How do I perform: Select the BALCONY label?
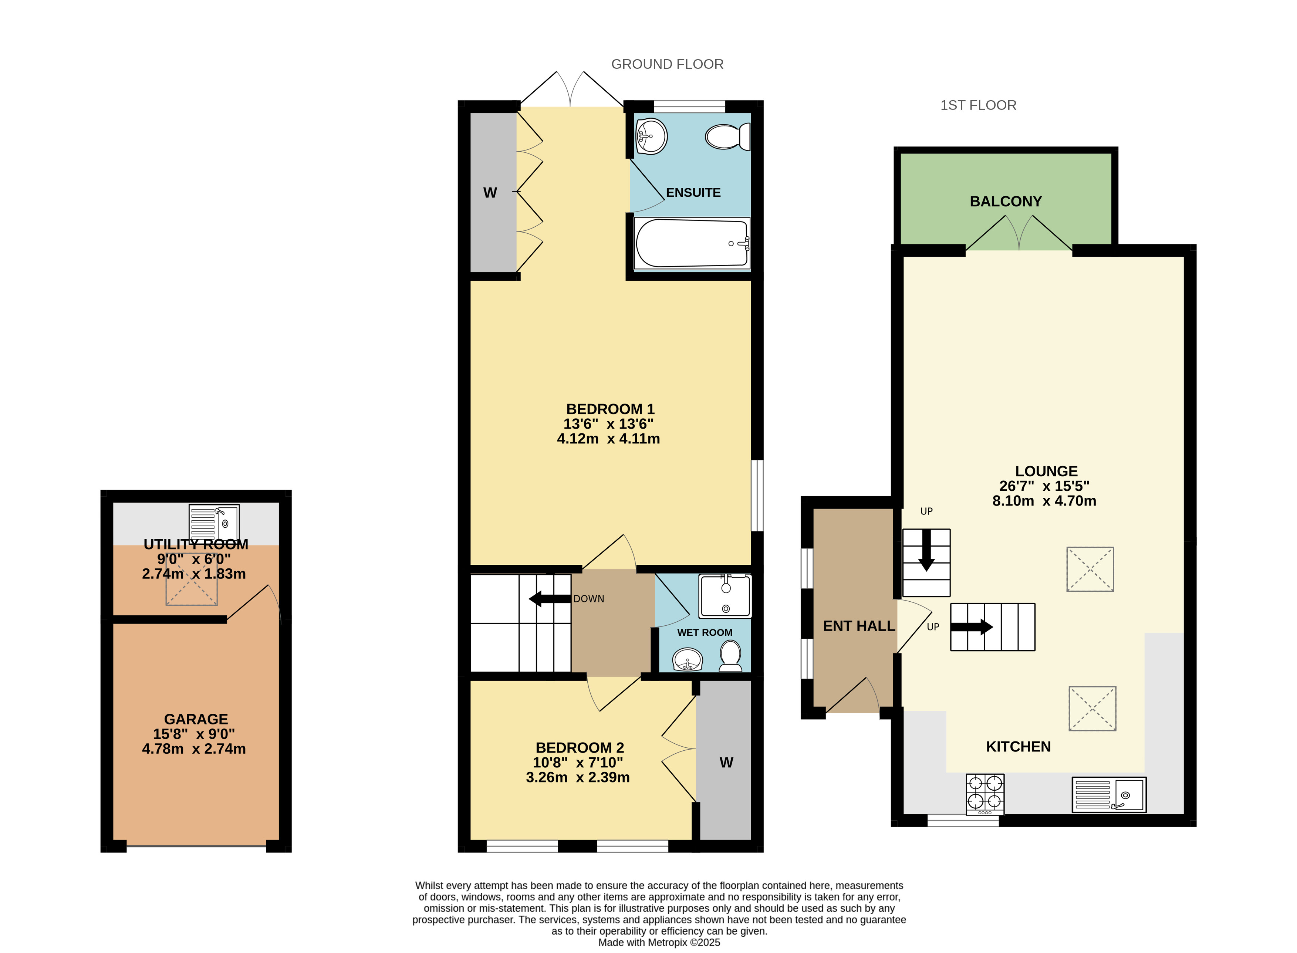pyautogui.click(x=1006, y=201)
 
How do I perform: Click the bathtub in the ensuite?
pyautogui.click(x=692, y=243)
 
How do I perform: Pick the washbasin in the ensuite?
pyautogui.click(x=651, y=136)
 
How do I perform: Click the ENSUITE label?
pyautogui.click(x=693, y=193)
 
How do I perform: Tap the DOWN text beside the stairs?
pyautogui.click(x=588, y=599)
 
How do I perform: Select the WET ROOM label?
pyautogui.click(x=705, y=633)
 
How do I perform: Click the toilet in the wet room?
pyautogui.click(x=730, y=656)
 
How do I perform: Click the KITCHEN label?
pyautogui.click(x=1018, y=747)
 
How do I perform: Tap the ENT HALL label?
pyautogui.click(x=858, y=626)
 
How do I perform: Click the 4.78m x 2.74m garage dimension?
pyautogui.click(x=194, y=749)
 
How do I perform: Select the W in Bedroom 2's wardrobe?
pyautogui.click(x=726, y=763)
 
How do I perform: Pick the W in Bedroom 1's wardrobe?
pyautogui.click(x=490, y=193)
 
